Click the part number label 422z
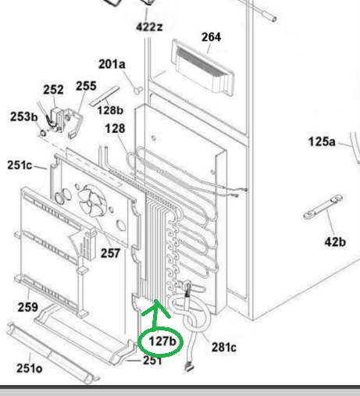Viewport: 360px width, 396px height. [149, 27]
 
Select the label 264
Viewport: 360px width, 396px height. [211, 37]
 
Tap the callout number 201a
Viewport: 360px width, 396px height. [112, 64]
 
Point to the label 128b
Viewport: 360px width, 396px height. [110, 110]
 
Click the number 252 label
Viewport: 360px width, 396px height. [53, 90]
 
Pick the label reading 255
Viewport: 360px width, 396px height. [86, 86]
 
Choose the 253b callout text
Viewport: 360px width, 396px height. [24, 116]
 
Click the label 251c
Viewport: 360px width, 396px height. [20, 165]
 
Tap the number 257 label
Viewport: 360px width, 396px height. [110, 253]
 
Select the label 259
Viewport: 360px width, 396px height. [28, 307]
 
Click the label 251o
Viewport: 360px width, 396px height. [29, 369]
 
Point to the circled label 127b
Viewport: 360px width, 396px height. [162, 341]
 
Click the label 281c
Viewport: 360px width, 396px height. [224, 348]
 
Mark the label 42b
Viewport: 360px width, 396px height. [335, 242]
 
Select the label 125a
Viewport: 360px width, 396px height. [322, 142]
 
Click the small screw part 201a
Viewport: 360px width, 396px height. [138, 90]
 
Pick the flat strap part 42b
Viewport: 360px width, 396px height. [323, 208]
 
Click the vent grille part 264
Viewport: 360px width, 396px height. [202, 67]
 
